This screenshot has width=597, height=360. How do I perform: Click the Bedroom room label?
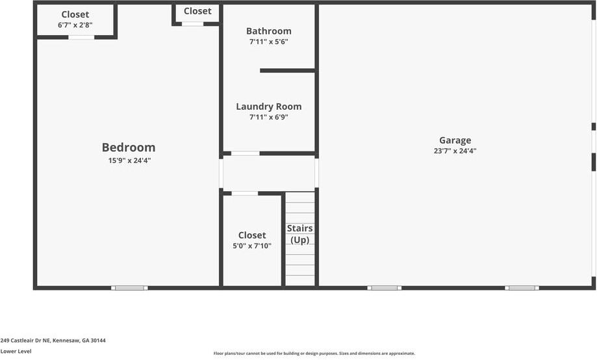pos(129,148)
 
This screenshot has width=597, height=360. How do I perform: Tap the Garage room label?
pos(455,140)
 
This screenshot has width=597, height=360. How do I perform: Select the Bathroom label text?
pos(268,31)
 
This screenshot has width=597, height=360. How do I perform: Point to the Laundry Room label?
pos(268,107)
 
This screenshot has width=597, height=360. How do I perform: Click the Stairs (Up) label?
pos(299,234)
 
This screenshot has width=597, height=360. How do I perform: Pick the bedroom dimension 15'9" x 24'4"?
pos(129,161)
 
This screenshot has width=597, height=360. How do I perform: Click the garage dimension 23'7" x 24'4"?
pos(455,151)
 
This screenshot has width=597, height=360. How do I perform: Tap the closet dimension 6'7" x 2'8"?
pos(75,25)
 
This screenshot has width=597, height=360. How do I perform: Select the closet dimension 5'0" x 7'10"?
pos(251,246)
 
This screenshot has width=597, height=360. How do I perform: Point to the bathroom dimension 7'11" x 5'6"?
pos(268,42)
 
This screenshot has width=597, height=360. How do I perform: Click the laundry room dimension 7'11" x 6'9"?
pos(268,118)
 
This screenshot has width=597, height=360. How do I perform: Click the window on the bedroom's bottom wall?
pos(129,287)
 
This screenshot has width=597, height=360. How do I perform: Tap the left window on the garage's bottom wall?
pos(384,287)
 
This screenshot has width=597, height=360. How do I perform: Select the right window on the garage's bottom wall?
pos(522,287)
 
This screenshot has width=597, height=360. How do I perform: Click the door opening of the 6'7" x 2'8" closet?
pos(81,37)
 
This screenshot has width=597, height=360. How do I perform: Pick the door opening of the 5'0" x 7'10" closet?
pos(244,193)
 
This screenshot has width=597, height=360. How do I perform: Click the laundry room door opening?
pos(245,153)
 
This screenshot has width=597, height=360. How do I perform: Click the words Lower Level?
pos(16,352)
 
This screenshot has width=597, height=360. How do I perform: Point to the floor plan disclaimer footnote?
pos(314,354)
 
